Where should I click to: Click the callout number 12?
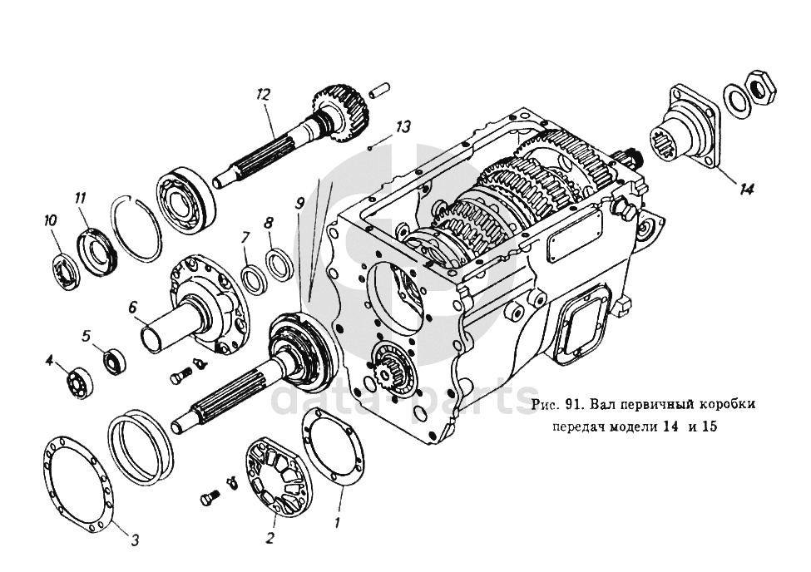pos(264,95)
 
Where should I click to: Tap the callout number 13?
pos(404,126)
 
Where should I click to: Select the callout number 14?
pos(745,190)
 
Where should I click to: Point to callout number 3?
pos(135,540)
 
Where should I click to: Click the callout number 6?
pos(133,307)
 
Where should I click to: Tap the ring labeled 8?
pos(279,264)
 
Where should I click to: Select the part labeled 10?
pos(65,270)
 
